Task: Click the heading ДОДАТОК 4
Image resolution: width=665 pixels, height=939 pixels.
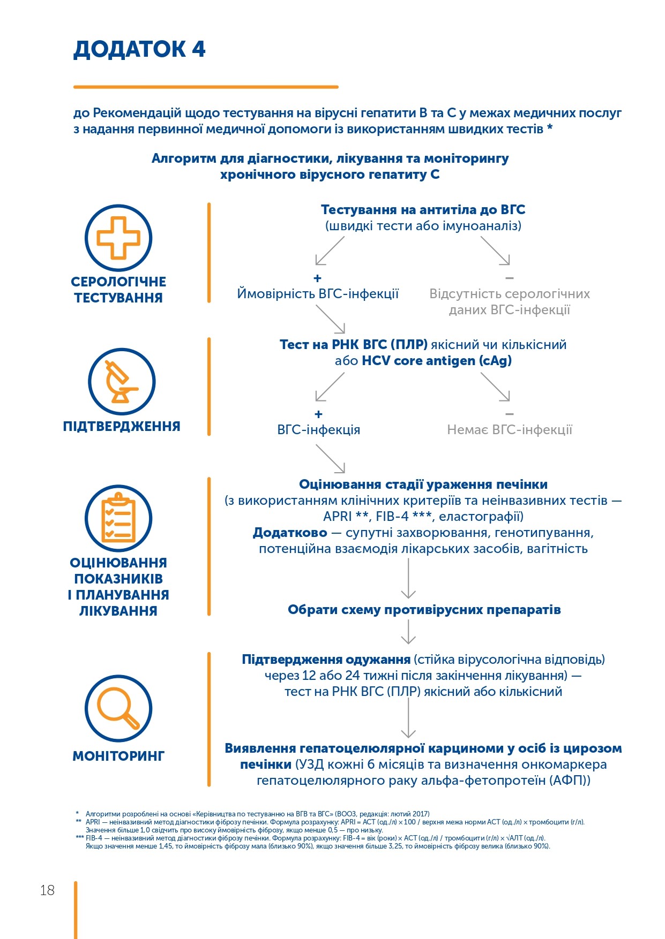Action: [x=139, y=49]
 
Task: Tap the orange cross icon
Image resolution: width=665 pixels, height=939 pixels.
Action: [x=118, y=238]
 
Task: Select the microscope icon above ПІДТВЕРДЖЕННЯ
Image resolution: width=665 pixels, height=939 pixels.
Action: [x=122, y=382]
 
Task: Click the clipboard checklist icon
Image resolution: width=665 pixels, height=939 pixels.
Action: [x=118, y=518]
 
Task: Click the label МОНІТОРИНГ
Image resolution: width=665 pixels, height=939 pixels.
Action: [x=118, y=756]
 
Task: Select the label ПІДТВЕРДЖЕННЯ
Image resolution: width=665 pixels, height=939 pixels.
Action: [x=122, y=426]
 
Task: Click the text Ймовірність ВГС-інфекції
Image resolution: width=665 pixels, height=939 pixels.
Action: [x=318, y=294]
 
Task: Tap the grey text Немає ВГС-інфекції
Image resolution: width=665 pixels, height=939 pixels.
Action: [x=510, y=430]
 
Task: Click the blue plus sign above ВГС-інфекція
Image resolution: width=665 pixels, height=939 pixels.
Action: [x=318, y=414]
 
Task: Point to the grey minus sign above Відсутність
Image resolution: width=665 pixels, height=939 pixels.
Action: [x=509, y=278]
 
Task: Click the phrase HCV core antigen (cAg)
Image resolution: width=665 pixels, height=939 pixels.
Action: [x=437, y=361]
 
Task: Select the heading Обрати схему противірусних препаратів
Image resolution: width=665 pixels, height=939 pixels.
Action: [x=424, y=610]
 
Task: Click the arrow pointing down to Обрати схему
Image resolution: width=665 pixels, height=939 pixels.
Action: [x=408, y=578]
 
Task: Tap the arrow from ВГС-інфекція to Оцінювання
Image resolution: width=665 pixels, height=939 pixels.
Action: [x=330, y=459]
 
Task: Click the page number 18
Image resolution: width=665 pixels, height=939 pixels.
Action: [x=47, y=890]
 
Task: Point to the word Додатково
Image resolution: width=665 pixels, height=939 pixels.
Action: [x=290, y=533]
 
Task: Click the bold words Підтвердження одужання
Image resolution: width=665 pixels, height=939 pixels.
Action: [x=326, y=660]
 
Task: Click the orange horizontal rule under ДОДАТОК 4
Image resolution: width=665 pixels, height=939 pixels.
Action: [x=206, y=87]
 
